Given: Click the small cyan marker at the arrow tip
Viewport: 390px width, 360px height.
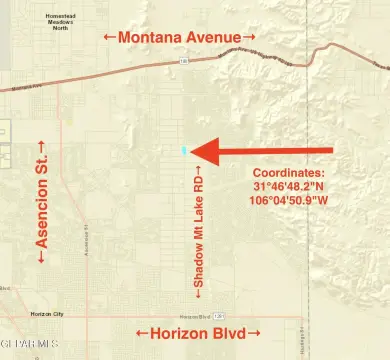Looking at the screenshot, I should [184, 151].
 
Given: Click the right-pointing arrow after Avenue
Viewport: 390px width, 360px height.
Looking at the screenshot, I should [250, 37].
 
